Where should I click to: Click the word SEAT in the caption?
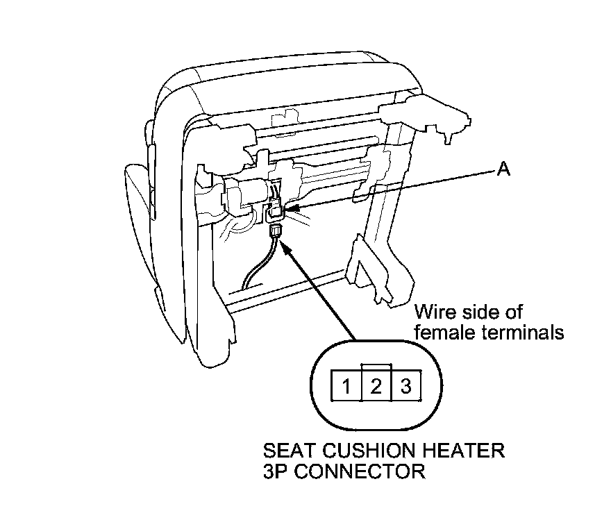(286, 451)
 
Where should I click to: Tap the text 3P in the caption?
(276, 473)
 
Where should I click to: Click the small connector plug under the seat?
(275, 231)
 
